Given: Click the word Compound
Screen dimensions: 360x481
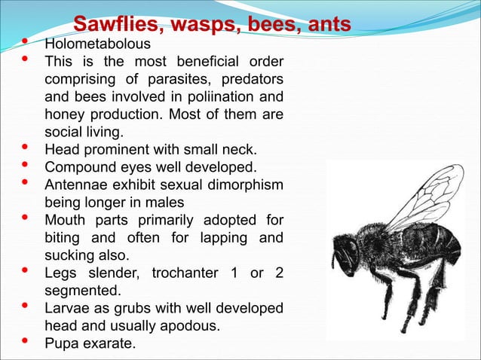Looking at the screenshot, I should (x=78, y=166).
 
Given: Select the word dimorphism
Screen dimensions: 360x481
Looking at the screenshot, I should (x=245, y=185).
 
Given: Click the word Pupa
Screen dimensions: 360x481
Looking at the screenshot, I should (x=63, y=343).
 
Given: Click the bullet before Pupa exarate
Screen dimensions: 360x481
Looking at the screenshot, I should (x=26, y=342).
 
